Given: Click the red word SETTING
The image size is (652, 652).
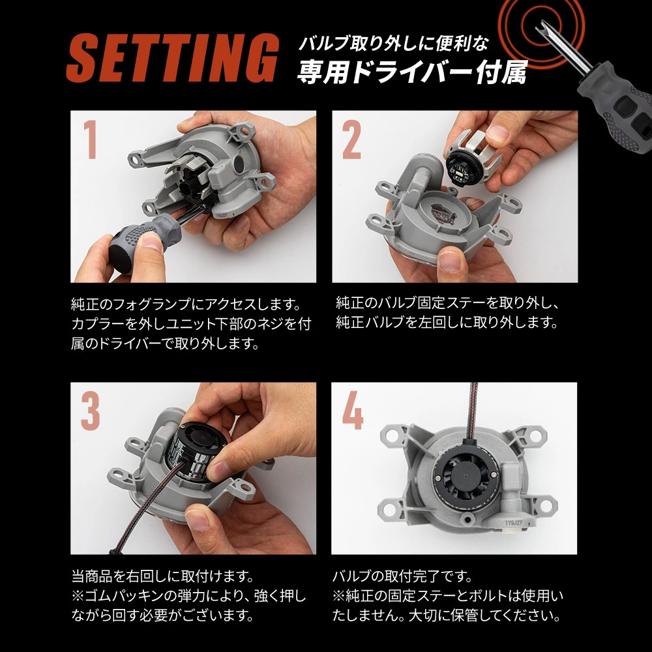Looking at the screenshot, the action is tap(172, 58).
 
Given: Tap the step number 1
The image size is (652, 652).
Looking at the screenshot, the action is tap(90, 140).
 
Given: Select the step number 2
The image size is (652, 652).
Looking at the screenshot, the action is tap(352, 140).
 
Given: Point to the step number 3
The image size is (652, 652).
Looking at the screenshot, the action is tap(90, 411).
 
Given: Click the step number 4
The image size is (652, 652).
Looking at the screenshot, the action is tap(353, 411).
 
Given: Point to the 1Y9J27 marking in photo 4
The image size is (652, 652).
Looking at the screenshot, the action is tap(513, 523).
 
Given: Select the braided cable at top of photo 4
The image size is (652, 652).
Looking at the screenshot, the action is tap(472, 411).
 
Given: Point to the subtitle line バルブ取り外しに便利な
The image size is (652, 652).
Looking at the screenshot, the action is tap(393, 43).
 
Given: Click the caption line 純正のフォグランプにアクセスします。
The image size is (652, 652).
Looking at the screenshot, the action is tap(186, 304).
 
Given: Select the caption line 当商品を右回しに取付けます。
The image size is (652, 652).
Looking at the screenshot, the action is tap(163, 576).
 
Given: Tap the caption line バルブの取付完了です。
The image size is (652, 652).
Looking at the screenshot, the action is tap(402, 576).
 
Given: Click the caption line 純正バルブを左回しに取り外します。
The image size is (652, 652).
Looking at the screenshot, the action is tap(447, 322).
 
